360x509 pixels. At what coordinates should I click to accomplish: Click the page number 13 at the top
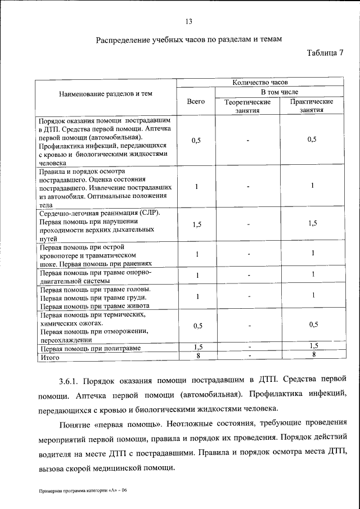click(x=189, y=22)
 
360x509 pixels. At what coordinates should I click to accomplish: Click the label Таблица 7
click(x=325, y=53)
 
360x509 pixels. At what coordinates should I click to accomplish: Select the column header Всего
click(x=196, y=102)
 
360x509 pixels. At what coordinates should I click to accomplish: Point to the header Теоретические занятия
click(x=247, y=106)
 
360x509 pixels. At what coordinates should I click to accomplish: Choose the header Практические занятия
click(x=312, y=106)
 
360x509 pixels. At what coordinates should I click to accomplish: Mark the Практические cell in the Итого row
click(x=313, y=355)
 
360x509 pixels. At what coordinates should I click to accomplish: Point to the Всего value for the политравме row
click(x=197, y=347)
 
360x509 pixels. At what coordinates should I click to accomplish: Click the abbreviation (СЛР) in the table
click(x=150, y=213)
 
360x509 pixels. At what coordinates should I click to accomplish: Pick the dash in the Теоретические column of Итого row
click(x=247, y=356)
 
